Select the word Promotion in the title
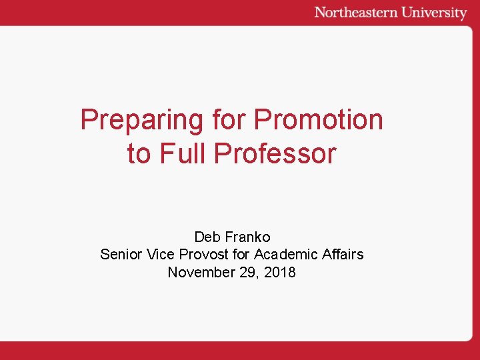coord(319,120)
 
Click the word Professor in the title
coord(275,153)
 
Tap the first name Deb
coord(207,237)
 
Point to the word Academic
coord(285,254)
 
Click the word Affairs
coord(342,254)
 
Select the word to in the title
coord(139,153)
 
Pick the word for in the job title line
coord(241,254)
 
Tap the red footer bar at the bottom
coord(240,351)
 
